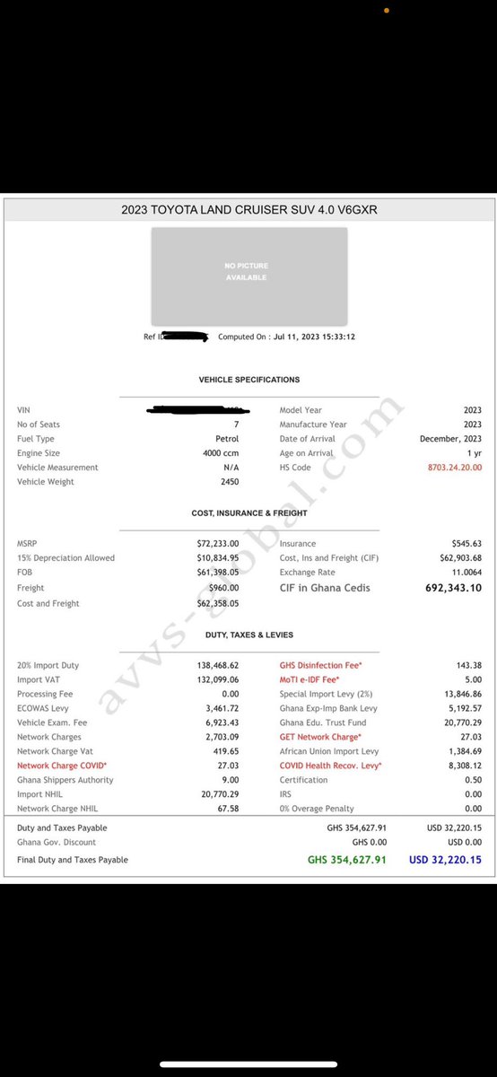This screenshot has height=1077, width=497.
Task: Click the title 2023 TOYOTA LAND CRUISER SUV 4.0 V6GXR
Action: click(248, 210)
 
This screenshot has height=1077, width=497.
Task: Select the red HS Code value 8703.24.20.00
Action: click(455, 468)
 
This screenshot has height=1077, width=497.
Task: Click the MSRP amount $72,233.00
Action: click(218, 544)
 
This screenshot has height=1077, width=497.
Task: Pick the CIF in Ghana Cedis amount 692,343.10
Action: click(453, 588)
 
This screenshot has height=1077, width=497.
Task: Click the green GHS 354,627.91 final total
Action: click(346, 860)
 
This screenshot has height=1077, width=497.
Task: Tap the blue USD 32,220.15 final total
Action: click(445, 860)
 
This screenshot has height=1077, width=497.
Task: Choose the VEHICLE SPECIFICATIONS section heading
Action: click(248, 380)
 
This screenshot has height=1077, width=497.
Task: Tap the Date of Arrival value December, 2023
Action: click(450, 439)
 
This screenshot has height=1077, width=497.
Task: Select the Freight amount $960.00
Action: click(222, 588)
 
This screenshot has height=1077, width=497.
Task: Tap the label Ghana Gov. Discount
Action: click(57, 842)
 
